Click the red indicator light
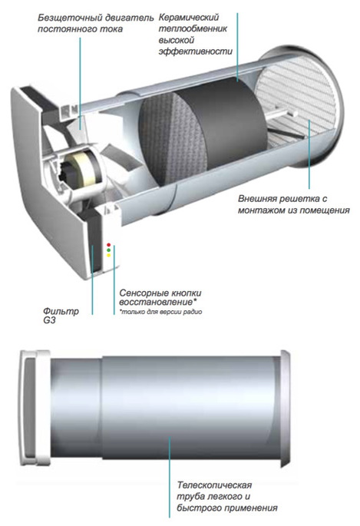108,245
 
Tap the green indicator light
108,250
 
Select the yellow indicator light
108,255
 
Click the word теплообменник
193,29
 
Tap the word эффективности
196,51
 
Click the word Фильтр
61,311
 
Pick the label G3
49,321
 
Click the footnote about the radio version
161,312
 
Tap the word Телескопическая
214,485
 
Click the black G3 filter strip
94,242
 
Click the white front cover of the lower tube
34,408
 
